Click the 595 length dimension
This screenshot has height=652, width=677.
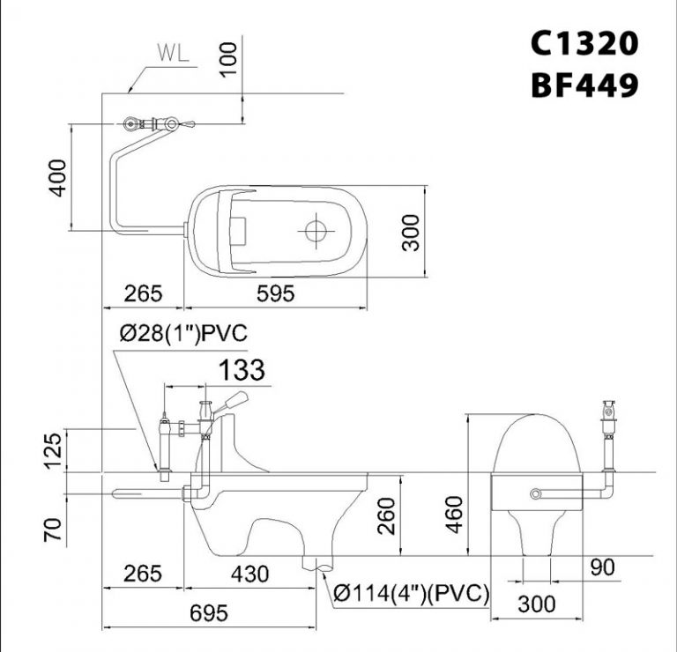[x=275, y=295]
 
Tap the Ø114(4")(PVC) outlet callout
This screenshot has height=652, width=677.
[x=412, y=595]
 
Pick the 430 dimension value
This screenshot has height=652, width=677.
[x=249, y=574]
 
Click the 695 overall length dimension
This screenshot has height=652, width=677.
[x=208, y=612]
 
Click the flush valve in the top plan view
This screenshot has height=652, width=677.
[x=155, y=125]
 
